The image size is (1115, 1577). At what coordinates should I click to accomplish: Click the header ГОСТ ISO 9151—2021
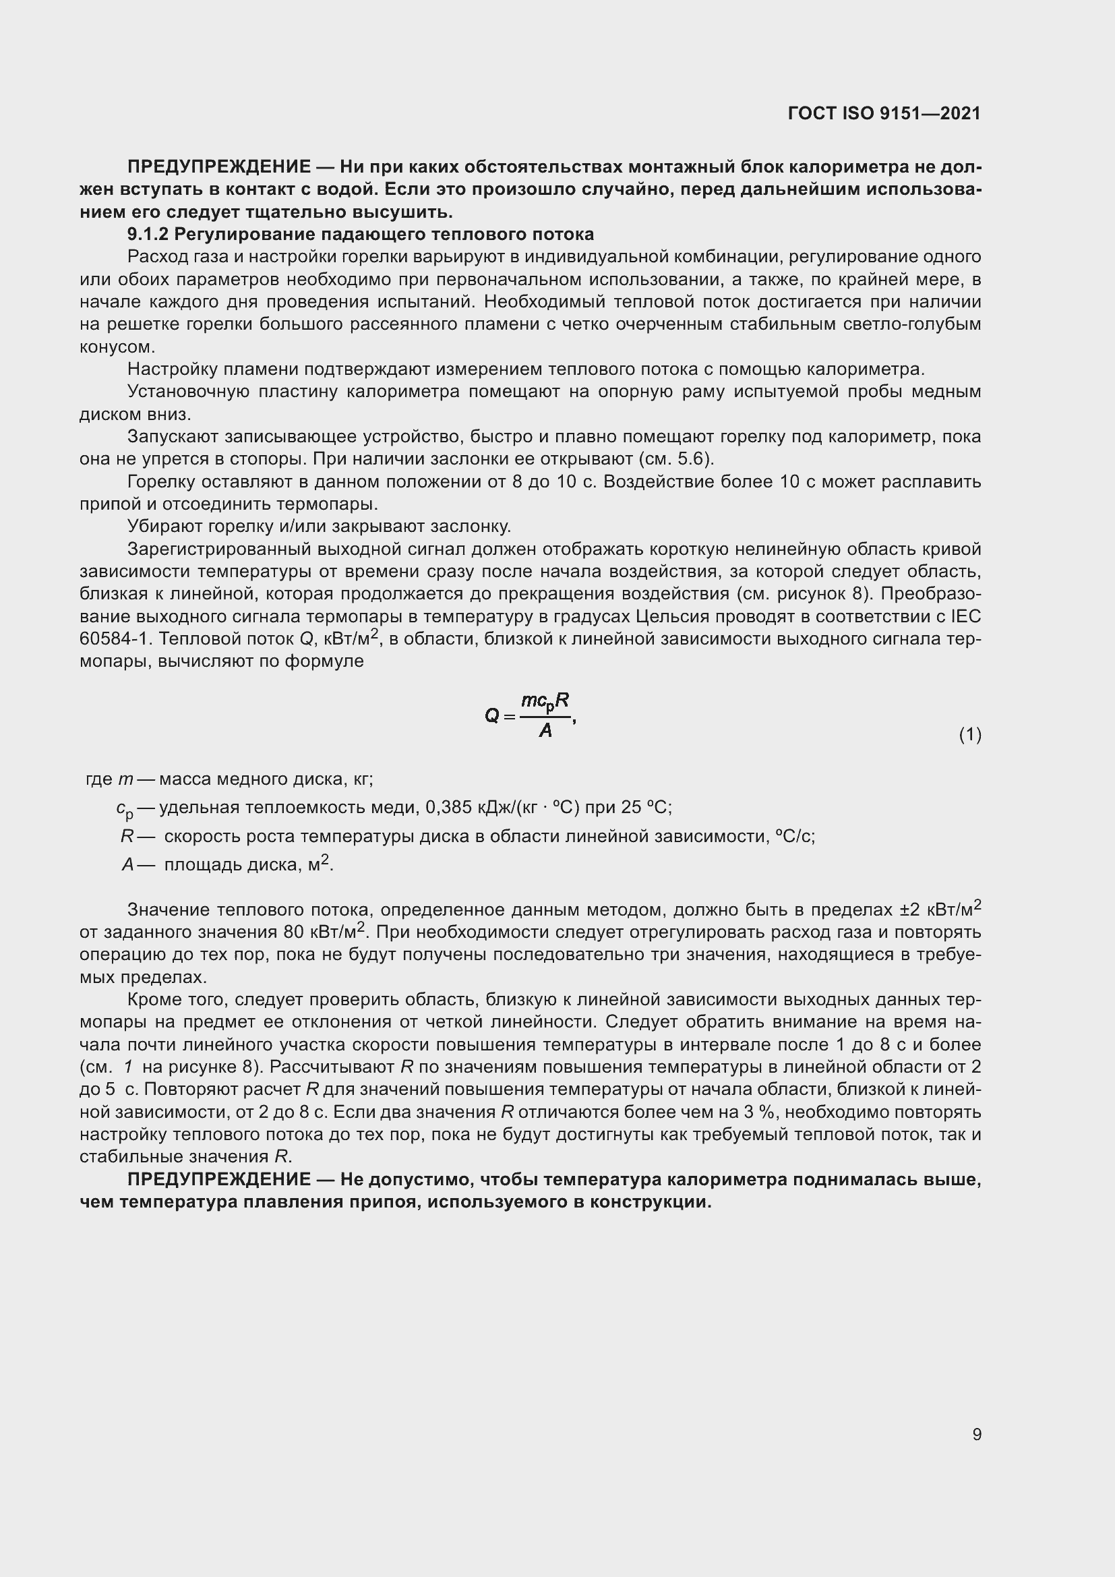[884, 114]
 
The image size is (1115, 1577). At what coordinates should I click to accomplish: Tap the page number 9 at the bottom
[976, 1434]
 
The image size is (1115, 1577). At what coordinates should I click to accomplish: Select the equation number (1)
[969, 735]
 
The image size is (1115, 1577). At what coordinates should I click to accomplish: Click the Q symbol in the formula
[491, 717]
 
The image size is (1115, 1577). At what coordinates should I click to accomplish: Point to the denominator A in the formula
[545, 731]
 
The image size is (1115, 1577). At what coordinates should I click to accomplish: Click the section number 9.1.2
[148, 234]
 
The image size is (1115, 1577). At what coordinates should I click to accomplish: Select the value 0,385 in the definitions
[450, 807]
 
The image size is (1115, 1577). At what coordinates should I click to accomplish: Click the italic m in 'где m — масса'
[125, 779]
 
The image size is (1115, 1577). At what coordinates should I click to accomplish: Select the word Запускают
[173, 437]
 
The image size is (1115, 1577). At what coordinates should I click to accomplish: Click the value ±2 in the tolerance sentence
[911, 910]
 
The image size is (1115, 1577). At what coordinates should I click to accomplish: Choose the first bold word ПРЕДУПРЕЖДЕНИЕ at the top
[219, 167]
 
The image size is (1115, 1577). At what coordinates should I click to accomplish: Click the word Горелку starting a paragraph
[162, 481]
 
